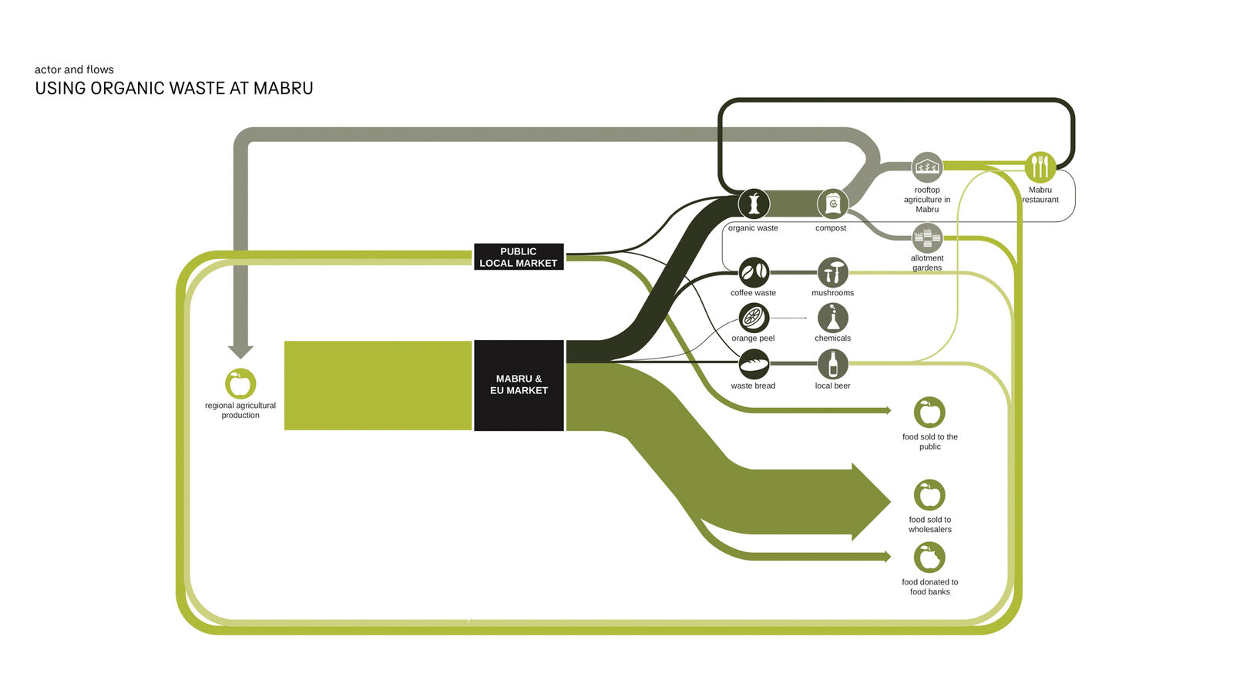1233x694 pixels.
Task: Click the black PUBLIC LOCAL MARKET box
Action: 519,257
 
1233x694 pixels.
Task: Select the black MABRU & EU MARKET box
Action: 519,385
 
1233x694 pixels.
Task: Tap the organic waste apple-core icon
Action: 754,204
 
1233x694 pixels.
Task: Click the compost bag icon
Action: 832,204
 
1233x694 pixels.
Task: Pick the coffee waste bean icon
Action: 754,272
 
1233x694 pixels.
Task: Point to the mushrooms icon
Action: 832,272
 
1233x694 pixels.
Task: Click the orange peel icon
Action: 754,318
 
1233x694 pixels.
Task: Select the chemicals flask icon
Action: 832,318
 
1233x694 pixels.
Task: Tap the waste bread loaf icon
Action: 754,364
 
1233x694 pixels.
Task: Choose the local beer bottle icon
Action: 832,364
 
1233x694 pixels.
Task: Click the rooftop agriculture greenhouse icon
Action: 927,167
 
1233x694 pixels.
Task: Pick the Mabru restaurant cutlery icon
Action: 1040,167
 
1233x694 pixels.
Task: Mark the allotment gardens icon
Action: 927,238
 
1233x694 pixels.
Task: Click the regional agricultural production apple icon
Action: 240,383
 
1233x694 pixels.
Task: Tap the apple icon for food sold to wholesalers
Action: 929,494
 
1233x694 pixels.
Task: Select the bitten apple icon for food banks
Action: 929,558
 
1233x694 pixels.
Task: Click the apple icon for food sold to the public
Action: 929,412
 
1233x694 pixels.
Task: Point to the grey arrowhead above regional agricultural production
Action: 240,352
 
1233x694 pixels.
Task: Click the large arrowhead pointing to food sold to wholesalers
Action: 871,502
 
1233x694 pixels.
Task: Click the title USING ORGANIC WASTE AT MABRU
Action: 174,88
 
